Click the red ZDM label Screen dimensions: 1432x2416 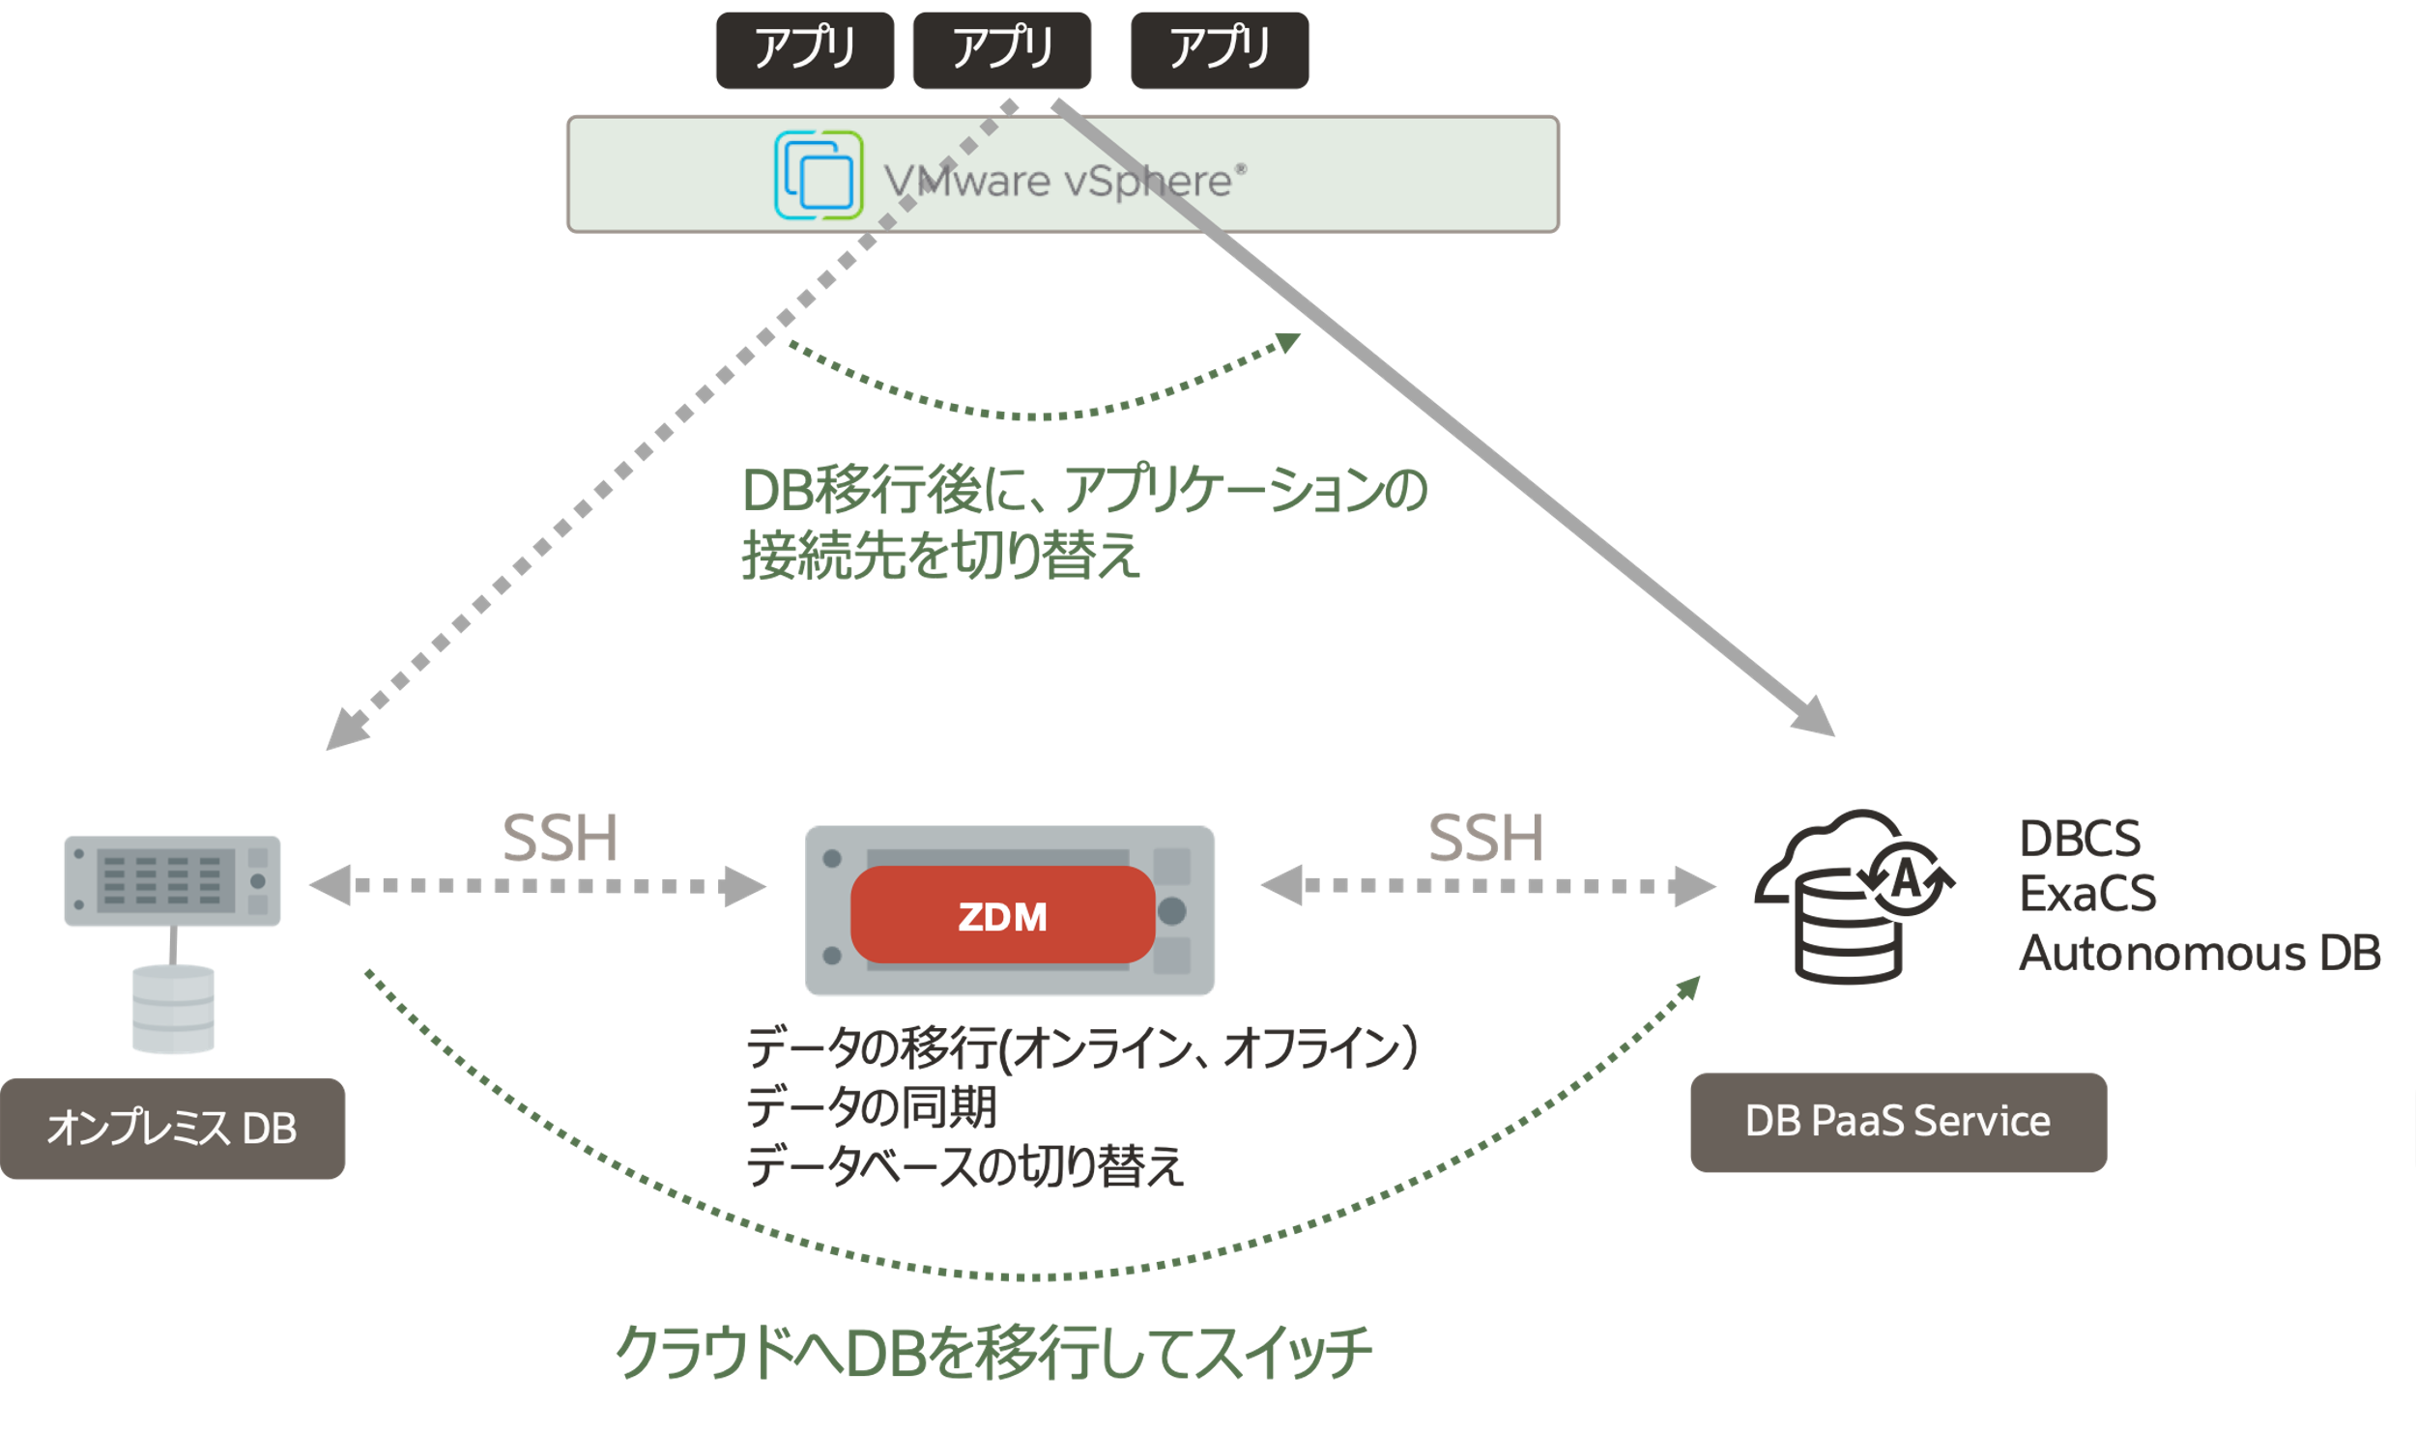pos(1002,915)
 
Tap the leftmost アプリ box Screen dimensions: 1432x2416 pos(804,50)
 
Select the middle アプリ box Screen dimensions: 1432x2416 pos(1001,50)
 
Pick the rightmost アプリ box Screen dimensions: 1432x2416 pos(1220,50)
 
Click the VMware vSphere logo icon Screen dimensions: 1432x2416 pos(818,175)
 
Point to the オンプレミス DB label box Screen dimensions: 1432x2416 pos(172,1128)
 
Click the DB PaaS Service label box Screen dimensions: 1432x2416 pos(1897,1122)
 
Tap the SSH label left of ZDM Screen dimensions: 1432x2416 pos(560,838)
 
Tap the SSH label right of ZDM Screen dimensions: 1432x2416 pos(1485,838)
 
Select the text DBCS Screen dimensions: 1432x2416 pos(2080,839)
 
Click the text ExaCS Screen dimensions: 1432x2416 pos(2087,894)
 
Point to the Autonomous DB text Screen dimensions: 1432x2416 pos(2200,953)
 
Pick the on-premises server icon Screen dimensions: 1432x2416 pos(172,880)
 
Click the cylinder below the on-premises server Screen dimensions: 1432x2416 pos(173,1010)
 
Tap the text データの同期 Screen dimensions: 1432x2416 pos(871,1106)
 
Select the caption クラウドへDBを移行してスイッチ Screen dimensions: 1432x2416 pos(993,1352)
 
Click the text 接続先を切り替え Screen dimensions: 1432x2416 pos(940,556)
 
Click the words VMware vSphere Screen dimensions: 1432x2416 pos(1063,181)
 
